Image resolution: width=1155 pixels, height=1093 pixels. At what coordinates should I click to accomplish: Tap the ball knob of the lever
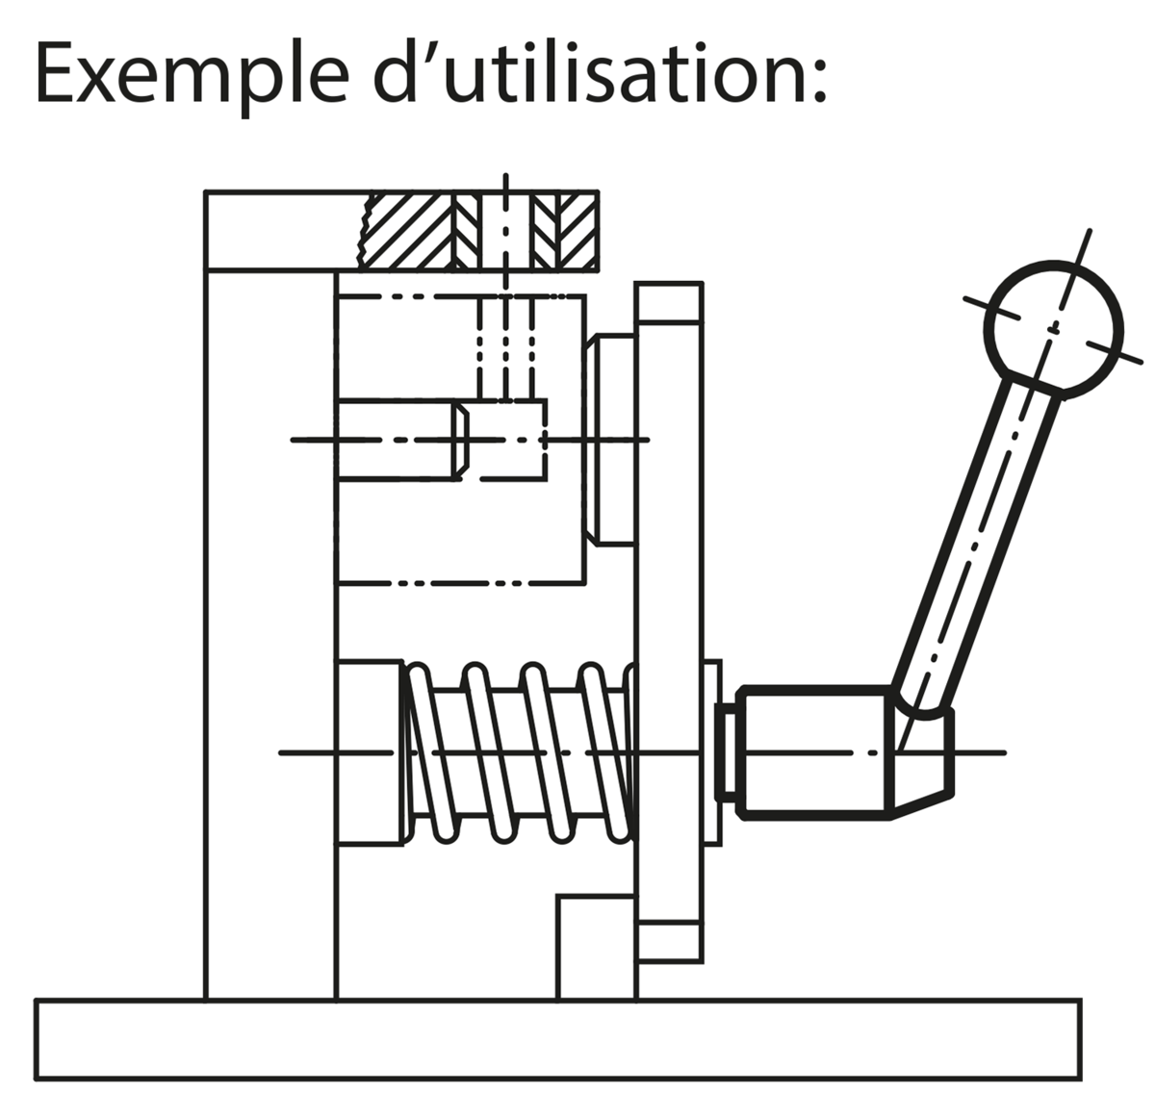click(1054, 327)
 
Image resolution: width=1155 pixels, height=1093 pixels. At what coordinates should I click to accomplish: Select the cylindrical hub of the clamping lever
click(813, 751)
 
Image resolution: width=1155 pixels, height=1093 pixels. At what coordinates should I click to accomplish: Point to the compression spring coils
click(520, 751)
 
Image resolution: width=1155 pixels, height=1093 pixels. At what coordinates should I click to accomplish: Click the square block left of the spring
click(370, 751)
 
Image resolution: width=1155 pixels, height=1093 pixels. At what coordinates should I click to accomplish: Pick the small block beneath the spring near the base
click(597, 948)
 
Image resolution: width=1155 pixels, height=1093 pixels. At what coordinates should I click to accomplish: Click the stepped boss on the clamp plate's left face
click(608, 439)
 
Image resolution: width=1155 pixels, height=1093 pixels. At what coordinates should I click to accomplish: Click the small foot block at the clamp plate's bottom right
click(671, 940)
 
